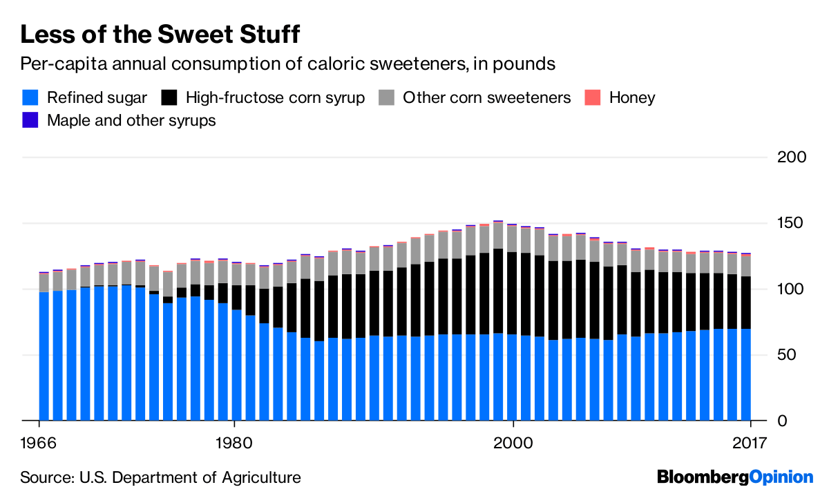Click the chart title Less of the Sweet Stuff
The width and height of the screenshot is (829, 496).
click(x=160, y=34)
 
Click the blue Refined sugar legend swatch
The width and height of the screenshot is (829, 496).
click(x=30, y=97)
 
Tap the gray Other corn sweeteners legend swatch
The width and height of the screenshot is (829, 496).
click(x=386, y=97)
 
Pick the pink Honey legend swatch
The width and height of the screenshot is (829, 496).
click(x=593, y=97)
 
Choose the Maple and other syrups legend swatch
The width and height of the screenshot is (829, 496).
click(x=30, y=120)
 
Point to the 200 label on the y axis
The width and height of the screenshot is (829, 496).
click(x=791, y=158)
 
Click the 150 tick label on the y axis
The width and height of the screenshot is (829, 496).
click(x=791, y=223)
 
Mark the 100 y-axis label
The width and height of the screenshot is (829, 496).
click(x=791, y=289)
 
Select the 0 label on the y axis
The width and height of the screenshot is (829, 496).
click(x=801, y=420)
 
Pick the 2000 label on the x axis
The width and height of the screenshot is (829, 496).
click(x=513, y=442)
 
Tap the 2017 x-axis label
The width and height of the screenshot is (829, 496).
click(x=750, y=442)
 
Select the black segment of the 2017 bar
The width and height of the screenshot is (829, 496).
click(x=745, y=303)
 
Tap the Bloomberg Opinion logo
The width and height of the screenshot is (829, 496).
click(x=735, y=477)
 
